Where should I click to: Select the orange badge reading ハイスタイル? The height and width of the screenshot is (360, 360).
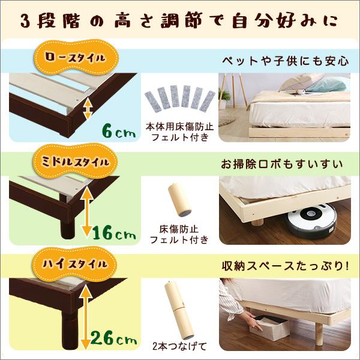[x=76, y=263]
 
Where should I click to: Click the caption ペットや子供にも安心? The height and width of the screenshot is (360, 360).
[x=285, y=61]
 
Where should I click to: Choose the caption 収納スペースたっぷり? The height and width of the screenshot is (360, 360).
[x=289, y=265]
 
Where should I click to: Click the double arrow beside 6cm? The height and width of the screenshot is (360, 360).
[x=88, y=109]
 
